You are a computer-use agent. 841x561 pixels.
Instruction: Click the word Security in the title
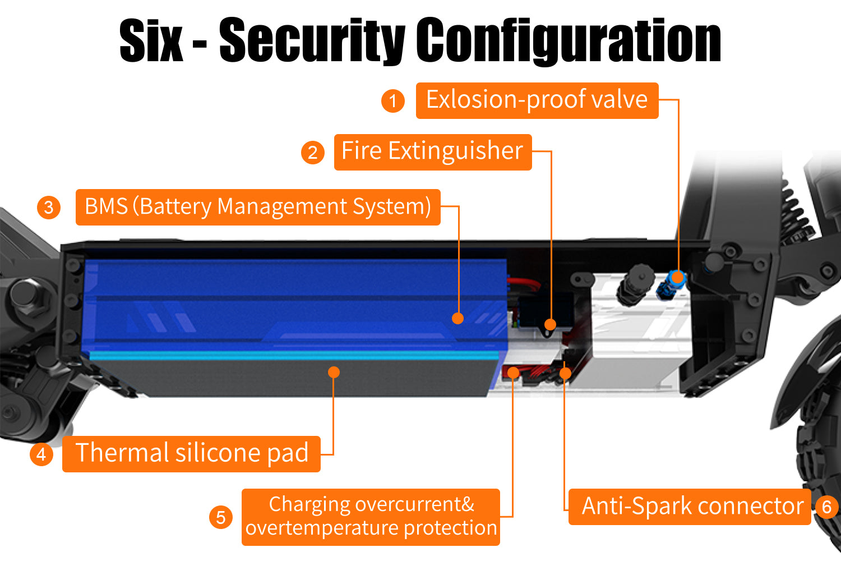tap(312, 40)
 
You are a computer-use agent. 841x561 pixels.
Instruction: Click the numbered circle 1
tap(393, 101)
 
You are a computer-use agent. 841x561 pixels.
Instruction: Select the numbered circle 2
tap(313, 152)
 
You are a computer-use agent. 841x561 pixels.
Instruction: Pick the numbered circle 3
tap(49, 207)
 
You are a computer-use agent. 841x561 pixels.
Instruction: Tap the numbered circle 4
tap(41, 453)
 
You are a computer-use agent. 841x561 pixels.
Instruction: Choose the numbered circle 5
tap(221, 517)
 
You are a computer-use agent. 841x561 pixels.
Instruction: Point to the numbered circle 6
tap(826, 507)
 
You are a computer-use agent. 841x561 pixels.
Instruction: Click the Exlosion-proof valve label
tap(537, 100)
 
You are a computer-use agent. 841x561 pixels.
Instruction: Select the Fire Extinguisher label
tap(432, 151)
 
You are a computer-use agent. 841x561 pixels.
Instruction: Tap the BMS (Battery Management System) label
tap(258, 207)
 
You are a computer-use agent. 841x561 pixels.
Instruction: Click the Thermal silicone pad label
tap(191, 453)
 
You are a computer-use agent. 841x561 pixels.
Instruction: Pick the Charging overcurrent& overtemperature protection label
tap(371, 517)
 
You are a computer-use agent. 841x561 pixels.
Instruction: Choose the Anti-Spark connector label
tap(690, 507)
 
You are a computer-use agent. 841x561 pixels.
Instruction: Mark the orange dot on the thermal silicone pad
tap(334, 372)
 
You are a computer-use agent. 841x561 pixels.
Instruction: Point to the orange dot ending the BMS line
tap(458, 318)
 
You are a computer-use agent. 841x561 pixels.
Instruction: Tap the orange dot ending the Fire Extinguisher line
tap(551, 324)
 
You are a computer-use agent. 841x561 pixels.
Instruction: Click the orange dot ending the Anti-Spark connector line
tap(565, 373)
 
